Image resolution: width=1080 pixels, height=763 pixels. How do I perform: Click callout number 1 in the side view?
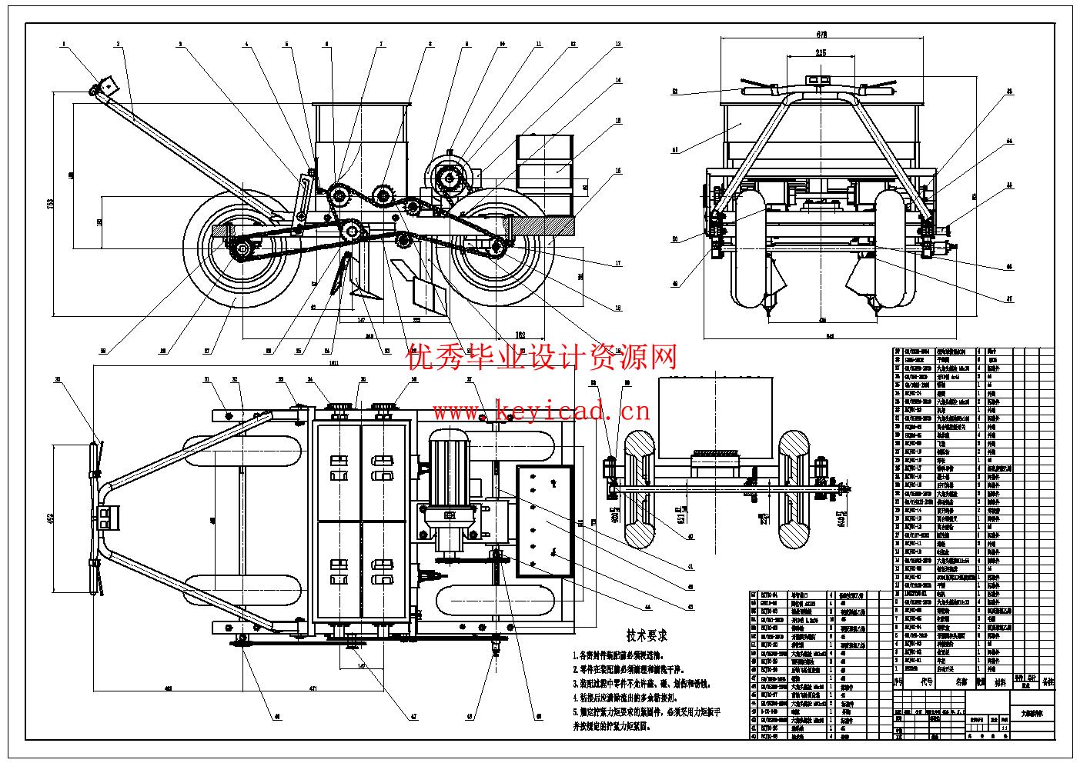[65, 45]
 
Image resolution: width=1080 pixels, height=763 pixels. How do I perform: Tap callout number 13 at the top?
[617, 45]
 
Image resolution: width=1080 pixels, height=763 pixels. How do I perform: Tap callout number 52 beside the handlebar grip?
[674, 92]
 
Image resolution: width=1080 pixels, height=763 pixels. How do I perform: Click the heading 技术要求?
[647, 635]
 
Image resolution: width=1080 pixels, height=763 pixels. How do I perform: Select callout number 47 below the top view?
[413, 717]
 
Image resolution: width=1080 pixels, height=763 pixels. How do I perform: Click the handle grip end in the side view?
[98, 91]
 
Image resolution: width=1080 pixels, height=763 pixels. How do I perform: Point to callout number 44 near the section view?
[647, 607]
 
